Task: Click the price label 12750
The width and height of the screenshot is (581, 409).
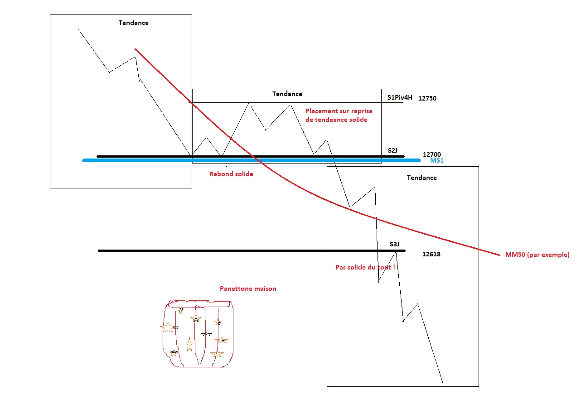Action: pyautogui.click(x=427, y=98)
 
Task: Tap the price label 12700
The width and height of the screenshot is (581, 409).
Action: pyautogui.click(x=432, y=154)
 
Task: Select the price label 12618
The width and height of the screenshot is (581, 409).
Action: pyautogui.click(x=431, y=254)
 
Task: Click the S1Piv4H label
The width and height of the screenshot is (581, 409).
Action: pyautogui.click(x=400, y=97)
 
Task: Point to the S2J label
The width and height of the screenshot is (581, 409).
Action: pyautogui.click(x=392, y=150)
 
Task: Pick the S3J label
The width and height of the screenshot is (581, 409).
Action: pyautogui.click(x=394, y=244)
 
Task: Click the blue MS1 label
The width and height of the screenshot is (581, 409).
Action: pyautogui.click(x=437, y=160)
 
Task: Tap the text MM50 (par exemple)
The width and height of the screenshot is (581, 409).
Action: pyautogui.click(x=537, y=255)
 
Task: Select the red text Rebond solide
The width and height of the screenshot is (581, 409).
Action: pyautogui.click(x=231, y=174)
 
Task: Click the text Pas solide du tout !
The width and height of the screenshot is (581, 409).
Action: pyautogui.click(x=365, y=267)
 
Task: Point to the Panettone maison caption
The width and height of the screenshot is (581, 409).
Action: pyautogui.click(x=248, y=289)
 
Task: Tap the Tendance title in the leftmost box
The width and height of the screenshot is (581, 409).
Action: pyautogui.click(x=134, y=23)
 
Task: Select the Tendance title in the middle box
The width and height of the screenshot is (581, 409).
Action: pyautogui.click(x=287, y=94)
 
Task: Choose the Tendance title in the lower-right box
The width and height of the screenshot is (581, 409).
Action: pyautogui.click(x=421, y=178)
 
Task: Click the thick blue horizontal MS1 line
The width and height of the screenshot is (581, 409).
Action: pyautogui.click(x=252, y=160)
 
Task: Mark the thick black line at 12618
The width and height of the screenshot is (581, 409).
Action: pyautogui.click(x=252, y=250)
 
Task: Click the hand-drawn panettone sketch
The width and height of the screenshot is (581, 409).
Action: pyautogui.click(x=198, y=334)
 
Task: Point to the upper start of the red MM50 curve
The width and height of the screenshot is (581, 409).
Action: pyautogui.click(x=135, y=49)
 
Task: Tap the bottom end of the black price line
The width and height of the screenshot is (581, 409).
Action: pyautogui.click(x=443, y=383)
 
